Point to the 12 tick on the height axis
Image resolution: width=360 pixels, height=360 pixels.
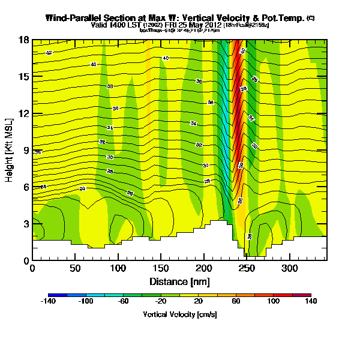[32, 113]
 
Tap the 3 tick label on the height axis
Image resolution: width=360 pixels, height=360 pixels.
[27, 224]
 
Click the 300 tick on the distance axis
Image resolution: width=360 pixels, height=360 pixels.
[290, 260]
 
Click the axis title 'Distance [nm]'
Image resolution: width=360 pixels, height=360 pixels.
[179, 281]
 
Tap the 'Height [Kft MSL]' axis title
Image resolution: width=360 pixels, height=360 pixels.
[10, 150]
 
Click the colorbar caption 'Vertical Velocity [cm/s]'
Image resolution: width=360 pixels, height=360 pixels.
[179, 314]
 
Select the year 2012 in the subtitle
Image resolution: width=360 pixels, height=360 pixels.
[212, 25]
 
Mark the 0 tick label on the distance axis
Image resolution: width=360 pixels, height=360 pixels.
[32, 268]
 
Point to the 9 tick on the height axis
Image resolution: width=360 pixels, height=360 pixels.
[32, 150]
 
